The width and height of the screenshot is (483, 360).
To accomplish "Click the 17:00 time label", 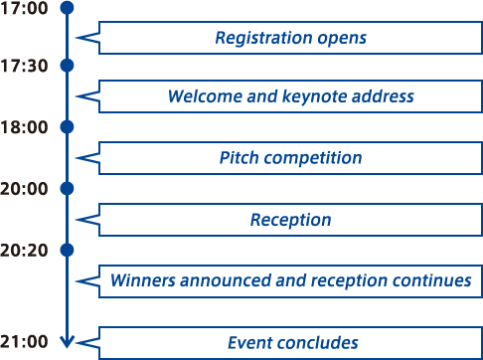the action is coord(24,8).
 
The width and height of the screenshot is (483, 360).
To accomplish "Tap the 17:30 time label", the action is coord(24,66).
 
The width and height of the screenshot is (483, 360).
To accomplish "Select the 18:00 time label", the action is coord(24,127).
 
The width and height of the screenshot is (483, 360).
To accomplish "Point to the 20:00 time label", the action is coord(24,189).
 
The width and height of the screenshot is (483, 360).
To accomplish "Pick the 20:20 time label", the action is coord(24,251).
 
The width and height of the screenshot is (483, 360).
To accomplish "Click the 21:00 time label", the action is coord(24,341).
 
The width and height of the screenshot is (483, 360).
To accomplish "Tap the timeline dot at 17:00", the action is coord(67,8).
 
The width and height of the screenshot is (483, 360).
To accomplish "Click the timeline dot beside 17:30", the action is coord(67,66).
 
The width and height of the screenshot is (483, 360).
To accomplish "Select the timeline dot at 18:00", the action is coord(67,127).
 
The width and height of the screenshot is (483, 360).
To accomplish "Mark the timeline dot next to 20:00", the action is coord(67,188).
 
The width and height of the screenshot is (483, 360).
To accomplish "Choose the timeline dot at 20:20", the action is coord(67,250).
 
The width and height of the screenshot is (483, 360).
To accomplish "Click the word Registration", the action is coord(263,38).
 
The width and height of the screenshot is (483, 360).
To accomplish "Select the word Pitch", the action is coord(239,157).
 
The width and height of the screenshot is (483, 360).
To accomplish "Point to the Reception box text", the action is coord(290,220).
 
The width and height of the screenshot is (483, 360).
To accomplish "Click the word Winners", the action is coord(143,280).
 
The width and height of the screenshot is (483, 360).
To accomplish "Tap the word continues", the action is coord(432,280).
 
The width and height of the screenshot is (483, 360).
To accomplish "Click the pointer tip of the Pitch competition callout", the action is coord(77,158).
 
